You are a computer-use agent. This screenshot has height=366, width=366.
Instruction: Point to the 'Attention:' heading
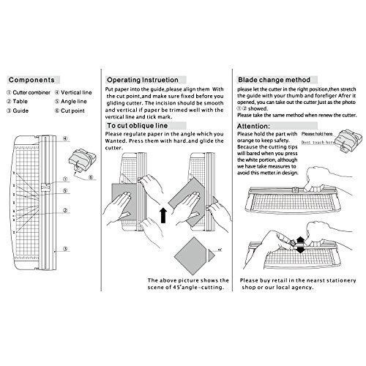pos(255,126)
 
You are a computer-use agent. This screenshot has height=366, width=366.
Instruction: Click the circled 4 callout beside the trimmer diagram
pos(65,138)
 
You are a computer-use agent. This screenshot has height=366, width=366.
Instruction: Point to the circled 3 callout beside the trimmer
pos(66,250)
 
